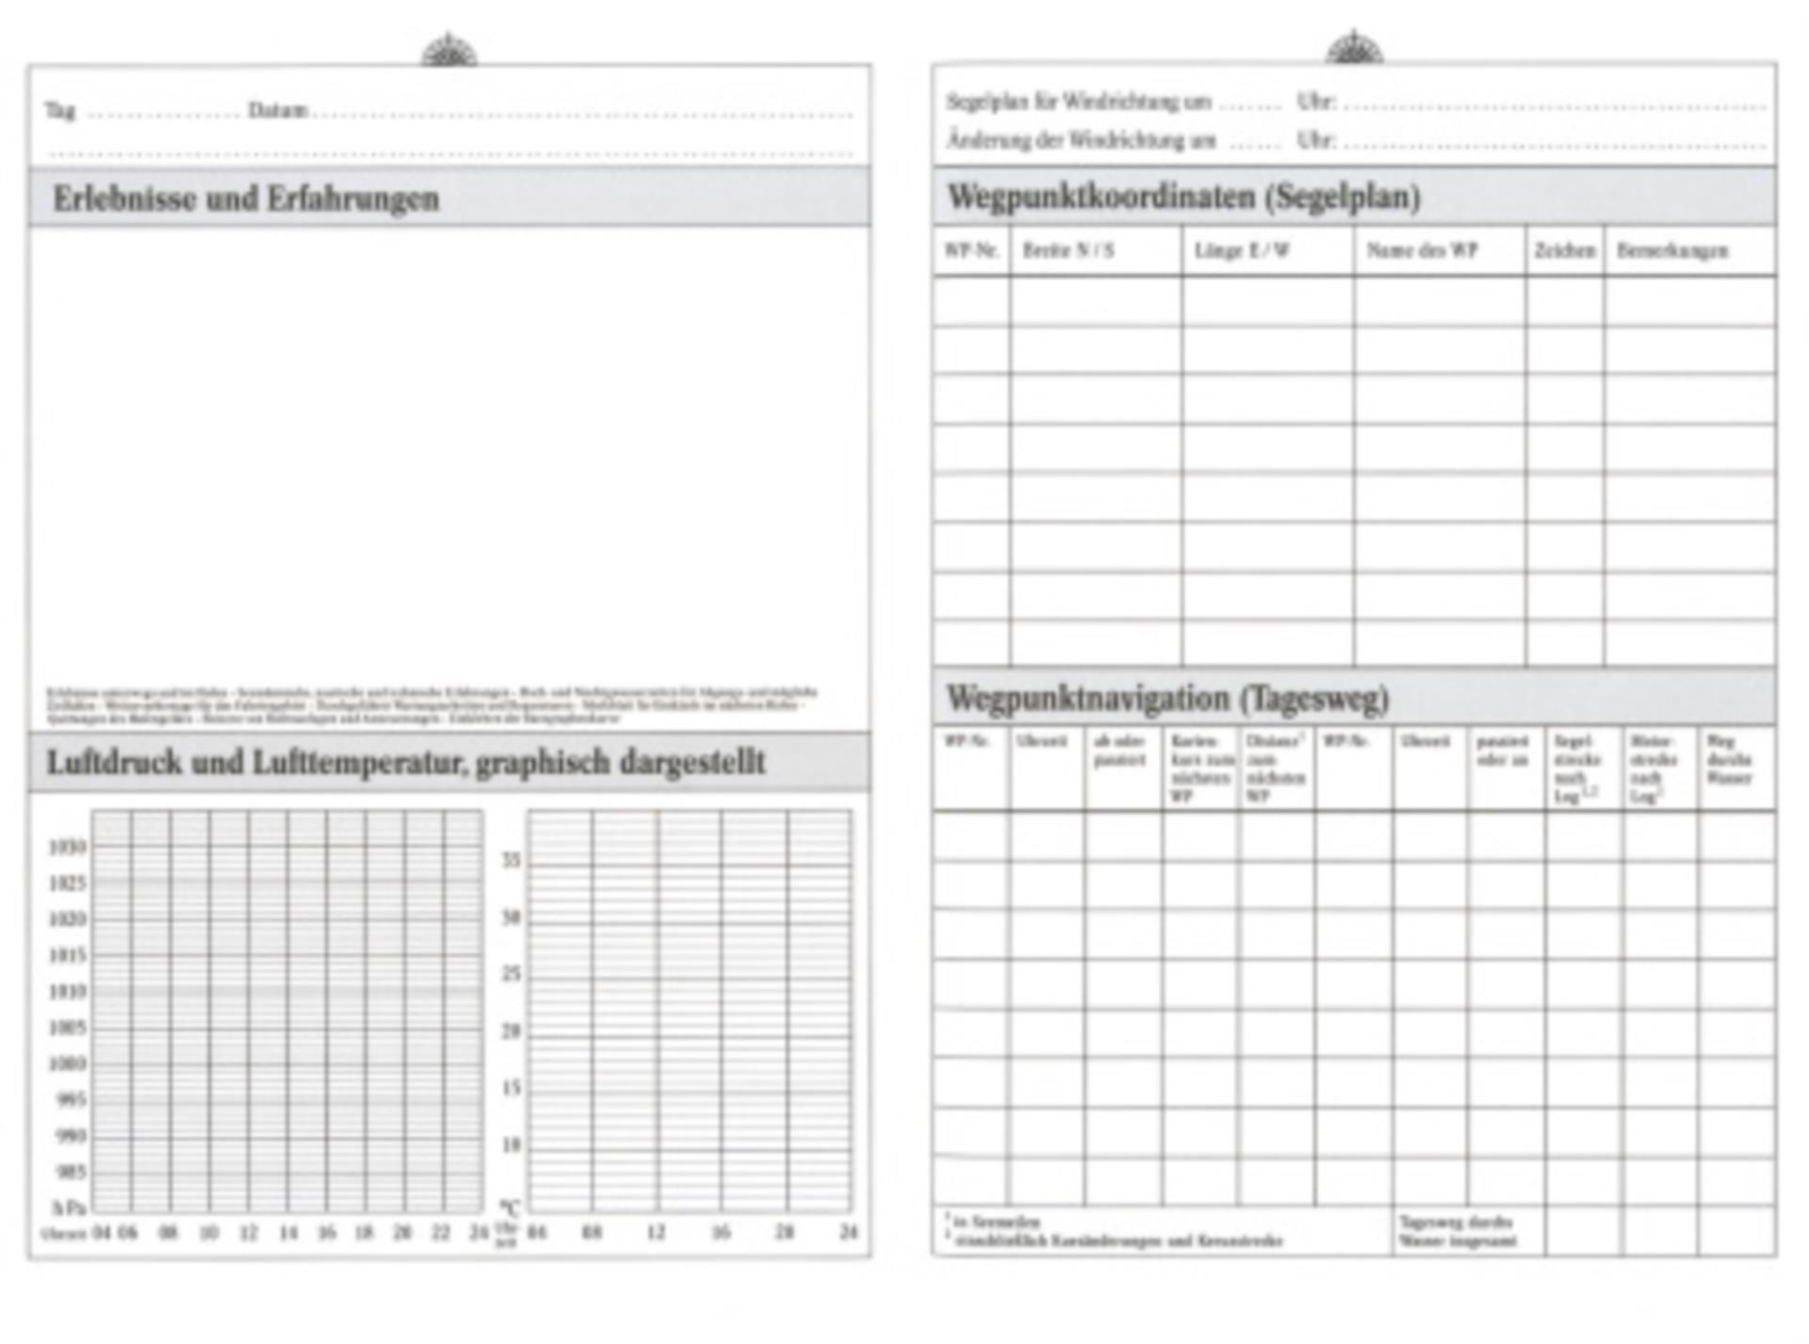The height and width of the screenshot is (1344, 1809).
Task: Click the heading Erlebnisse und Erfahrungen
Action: [x=246, y=199]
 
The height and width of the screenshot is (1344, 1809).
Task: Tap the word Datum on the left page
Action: [x=277, y=110]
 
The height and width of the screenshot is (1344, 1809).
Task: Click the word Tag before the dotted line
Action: [x=59, y=110]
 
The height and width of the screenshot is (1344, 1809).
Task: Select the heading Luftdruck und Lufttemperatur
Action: [x=405, y=762]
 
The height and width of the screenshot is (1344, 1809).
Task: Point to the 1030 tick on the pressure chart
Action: [x=68, y=847]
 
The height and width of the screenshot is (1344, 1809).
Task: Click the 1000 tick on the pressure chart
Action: [x=68, y=1063]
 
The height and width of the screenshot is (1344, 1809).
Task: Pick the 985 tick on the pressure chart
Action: [x=70, y=1172]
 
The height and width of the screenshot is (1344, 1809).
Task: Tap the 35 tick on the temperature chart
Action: [x=511, y=860]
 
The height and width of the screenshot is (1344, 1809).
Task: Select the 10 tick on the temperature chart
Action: [x=511, y=1145]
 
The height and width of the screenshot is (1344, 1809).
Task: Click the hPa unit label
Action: [x=69, y=1207]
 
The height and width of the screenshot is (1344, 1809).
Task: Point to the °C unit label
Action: [x=509, y=1207]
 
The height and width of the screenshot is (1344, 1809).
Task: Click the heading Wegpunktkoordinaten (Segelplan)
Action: [x=1183, y=197]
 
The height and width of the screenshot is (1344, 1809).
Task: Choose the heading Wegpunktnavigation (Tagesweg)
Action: [x=1167, y=699]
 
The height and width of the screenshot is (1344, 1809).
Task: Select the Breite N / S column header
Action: [x=1068, y=251]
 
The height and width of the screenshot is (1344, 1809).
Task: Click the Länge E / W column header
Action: [x=1241, y=251]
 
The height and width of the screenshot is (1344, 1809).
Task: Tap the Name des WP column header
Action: [x=1422, y=251]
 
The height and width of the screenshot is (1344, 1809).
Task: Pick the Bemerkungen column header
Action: [x=1672, y=251]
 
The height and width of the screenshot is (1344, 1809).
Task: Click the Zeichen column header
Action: [x=1565, y=251]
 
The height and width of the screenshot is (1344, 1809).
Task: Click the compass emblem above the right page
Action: [x=1354, y=47]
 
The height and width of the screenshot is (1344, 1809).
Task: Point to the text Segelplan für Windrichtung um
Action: [x=1079, y=102]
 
